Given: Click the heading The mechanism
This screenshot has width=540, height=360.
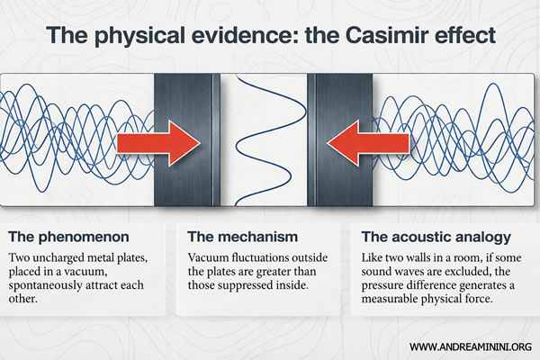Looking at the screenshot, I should pyautogui.click(x=242, y=238).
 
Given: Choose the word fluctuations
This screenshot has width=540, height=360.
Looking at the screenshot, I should pyautogui.click(x=274, y=261).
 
